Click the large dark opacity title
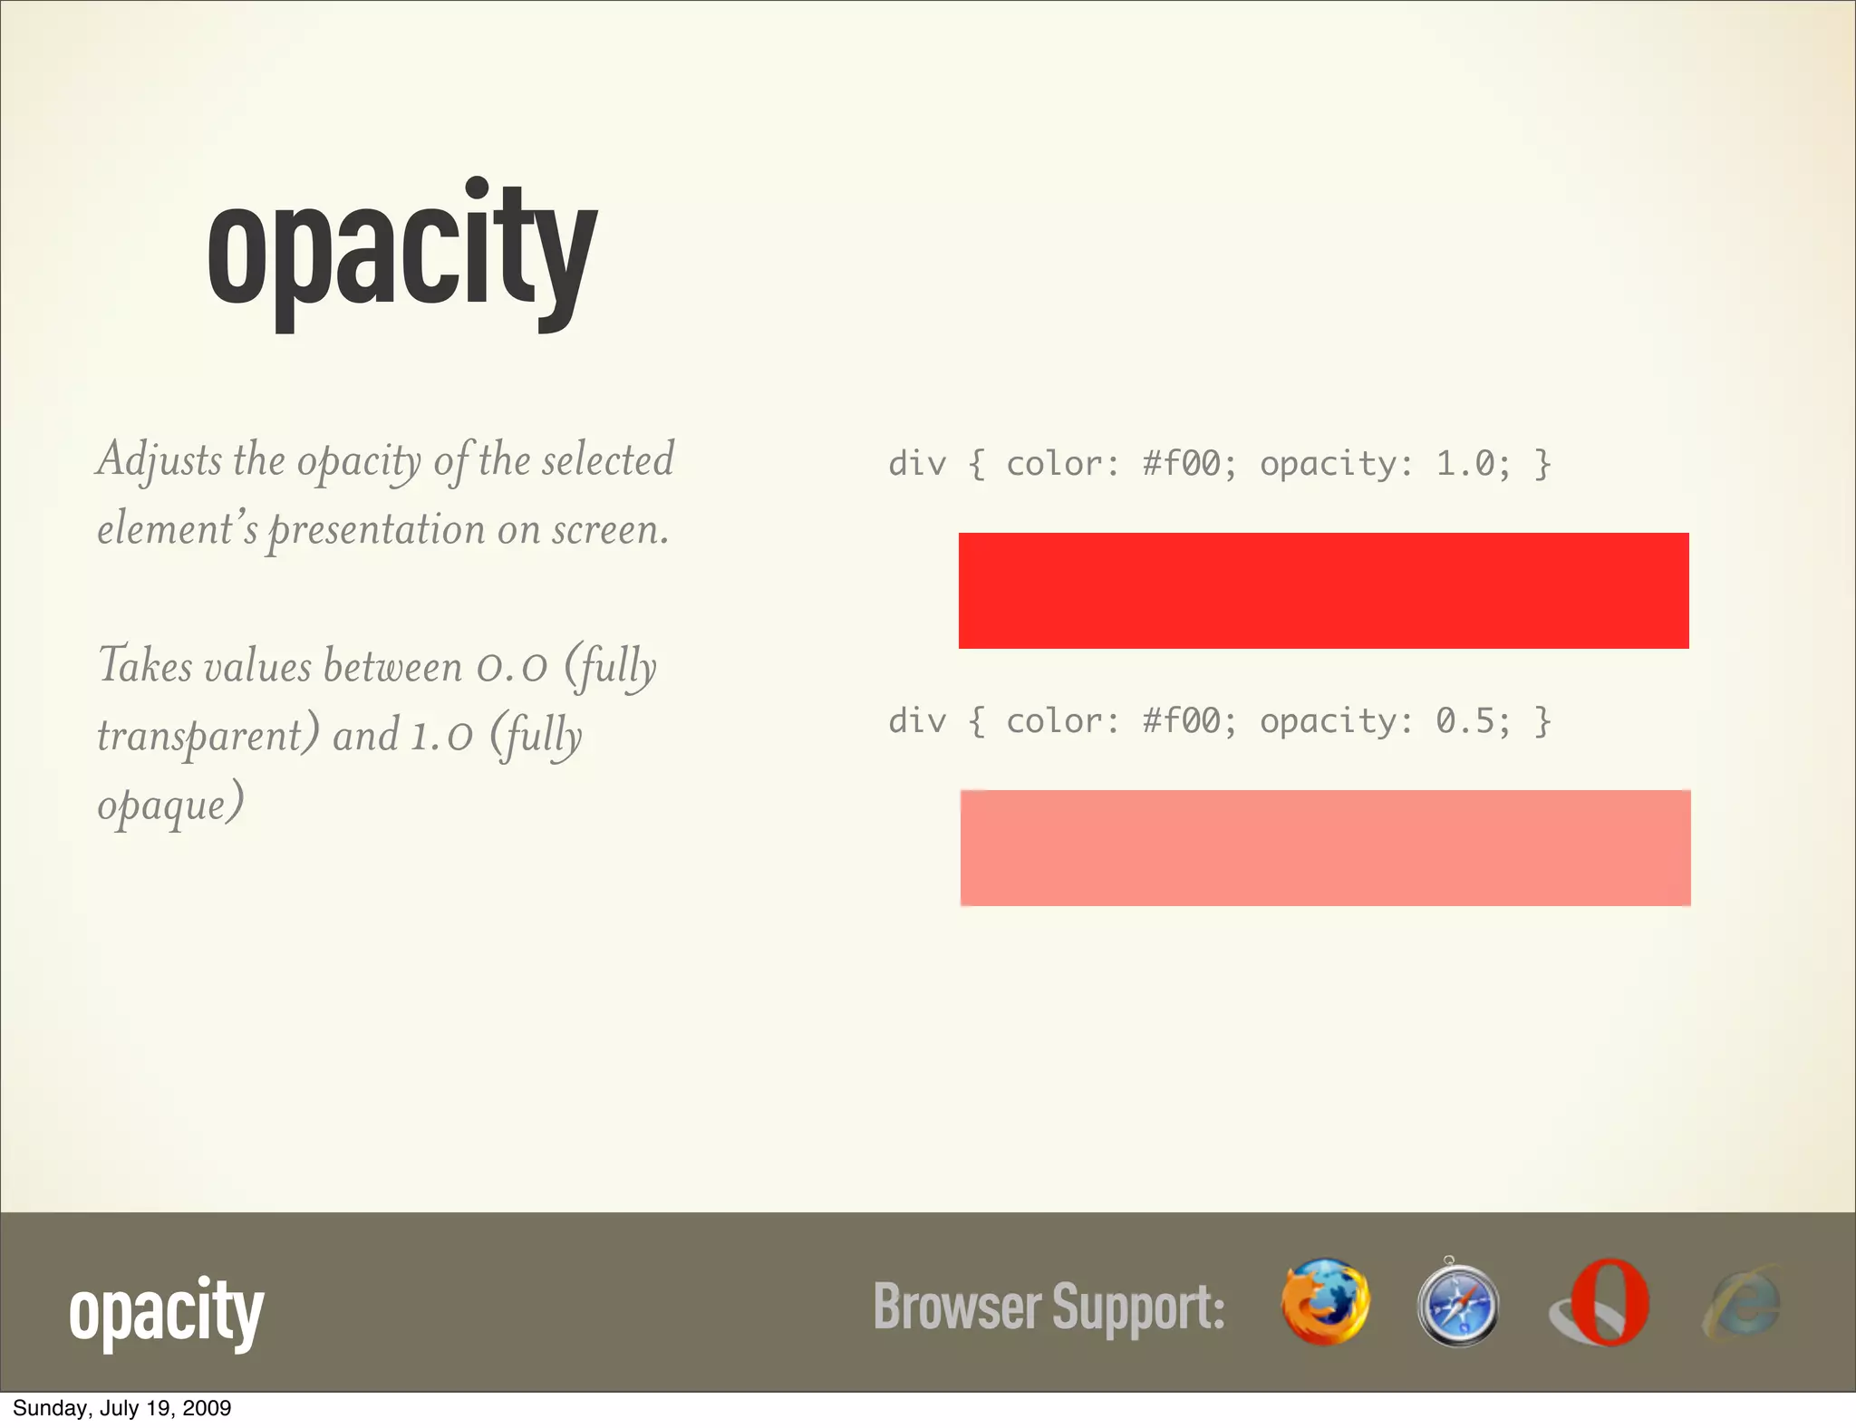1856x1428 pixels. pyautogui.click(x=401, y=254)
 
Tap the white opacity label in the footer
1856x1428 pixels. pyautogui.click(x=166, y=1311)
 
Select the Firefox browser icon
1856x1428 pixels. pyautogui.click(x=1325, y=1301)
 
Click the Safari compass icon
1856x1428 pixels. pyautogui.click(x=1457, y=1305)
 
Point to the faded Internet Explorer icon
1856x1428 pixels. pyautogui.click(x=1742, y=1303)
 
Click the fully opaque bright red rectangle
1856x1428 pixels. pyautogui.click(x=1323, y=591)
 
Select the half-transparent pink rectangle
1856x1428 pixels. pyautogui.click(x=1325, y=848)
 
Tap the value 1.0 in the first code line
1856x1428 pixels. pyautogui.click(x=1465, y=464)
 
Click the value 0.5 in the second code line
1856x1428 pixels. pyautogui.click(x=1465, y=721)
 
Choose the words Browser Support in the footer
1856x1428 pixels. pyautogui.click(x=1049, y=1307)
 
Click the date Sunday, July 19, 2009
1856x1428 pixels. pyautogui.click(x=122, y=1408)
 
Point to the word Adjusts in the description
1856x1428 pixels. pyautogui.click(x=159, y=460)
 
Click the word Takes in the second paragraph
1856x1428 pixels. pyautogui.click(x=145, y=666)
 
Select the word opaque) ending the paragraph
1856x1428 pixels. pyautogui.click(x=170, y=805)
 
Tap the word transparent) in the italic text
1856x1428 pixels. pyautogui.click(x=208, y=735)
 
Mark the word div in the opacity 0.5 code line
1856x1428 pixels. pyautogui.click(x=916, y=721)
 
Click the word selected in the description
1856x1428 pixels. pyautogui.click(x=608, y=459)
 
